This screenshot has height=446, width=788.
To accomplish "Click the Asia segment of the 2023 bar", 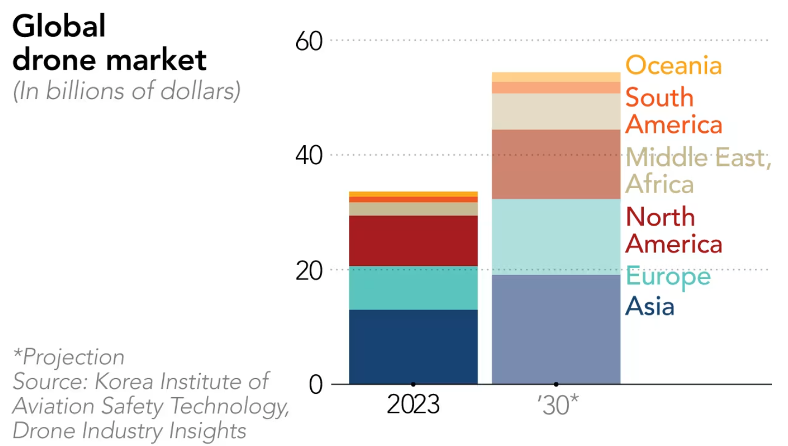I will coord(413,346).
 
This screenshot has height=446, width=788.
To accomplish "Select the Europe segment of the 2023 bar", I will coord(413,288).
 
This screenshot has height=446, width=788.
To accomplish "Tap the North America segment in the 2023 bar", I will coord(413,240).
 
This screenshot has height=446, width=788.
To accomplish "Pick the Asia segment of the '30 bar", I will coord(556,329).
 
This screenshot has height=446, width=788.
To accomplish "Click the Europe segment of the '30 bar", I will coord(556,237).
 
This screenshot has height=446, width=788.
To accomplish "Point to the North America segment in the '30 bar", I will coord(556,164).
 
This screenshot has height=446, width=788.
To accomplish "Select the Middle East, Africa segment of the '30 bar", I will coord(556,111).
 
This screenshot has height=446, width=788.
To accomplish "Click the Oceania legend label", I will coord(673,66).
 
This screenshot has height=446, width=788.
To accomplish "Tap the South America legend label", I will coord(673,112).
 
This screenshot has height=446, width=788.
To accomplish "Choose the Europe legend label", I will coord(668,276).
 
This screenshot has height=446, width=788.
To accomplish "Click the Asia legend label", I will coord(650,306).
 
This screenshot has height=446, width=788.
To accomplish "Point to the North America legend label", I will coord(673,230).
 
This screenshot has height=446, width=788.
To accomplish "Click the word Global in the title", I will coord(59,26).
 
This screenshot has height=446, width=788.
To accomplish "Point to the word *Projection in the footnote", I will coord(69,357).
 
